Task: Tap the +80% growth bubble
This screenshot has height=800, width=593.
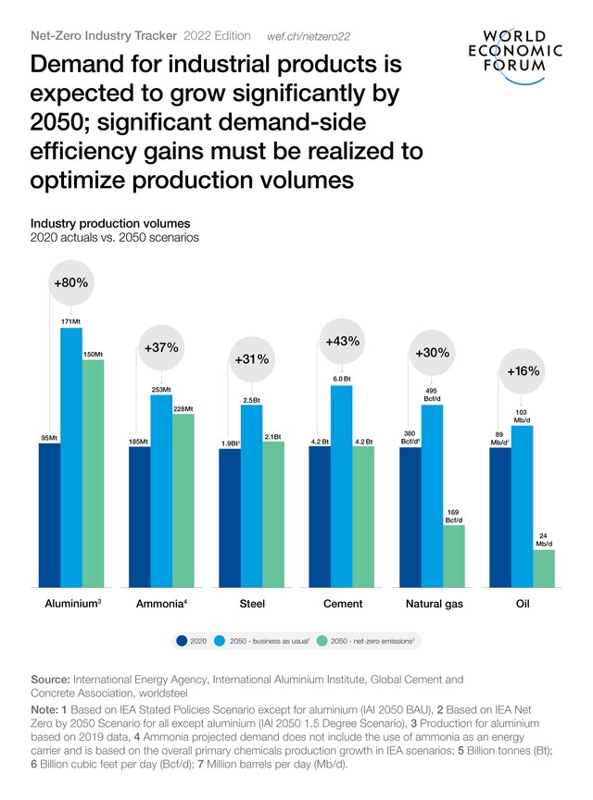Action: coord(70,282)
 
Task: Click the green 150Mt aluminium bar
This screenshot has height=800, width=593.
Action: coord(93,472)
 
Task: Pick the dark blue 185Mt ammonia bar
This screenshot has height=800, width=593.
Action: coord(139,517)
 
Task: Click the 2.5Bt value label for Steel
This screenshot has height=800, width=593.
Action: coord(251,399)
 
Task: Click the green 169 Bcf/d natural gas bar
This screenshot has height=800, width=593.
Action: coord(454,556)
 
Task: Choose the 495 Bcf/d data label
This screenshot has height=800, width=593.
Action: coord(432,394)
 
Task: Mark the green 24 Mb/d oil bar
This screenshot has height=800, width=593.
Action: coord(544,568)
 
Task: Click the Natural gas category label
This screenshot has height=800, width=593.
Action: coord(434,604)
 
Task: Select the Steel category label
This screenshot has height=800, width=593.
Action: coord(251,604)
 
